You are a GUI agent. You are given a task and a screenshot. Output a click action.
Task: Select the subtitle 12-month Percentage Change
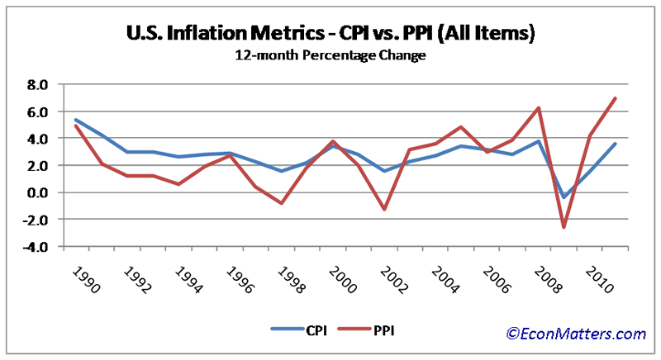tap(330, 57)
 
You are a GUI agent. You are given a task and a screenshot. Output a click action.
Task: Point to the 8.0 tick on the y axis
tap(38, 84)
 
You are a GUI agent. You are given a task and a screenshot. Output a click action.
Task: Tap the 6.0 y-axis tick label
tap(38, 111)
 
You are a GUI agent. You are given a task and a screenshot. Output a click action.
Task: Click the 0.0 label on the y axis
tap(38, 192)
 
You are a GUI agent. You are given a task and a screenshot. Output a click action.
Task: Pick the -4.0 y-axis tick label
tap(36, 247)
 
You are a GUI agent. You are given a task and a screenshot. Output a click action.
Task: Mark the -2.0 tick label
tap(36, 220)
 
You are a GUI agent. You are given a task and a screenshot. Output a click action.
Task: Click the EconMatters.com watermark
tap(576, 334)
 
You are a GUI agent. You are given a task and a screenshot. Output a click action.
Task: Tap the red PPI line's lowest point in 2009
tap(564, 227)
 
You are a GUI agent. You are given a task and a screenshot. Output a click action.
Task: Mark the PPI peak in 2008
tap(538, 107)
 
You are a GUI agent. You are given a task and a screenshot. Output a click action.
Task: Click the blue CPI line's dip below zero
tap(564, 197)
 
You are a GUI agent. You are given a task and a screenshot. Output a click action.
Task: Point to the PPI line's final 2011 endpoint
tap(616, 98)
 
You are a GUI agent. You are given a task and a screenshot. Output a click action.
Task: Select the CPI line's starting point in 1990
tap(74, 120)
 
